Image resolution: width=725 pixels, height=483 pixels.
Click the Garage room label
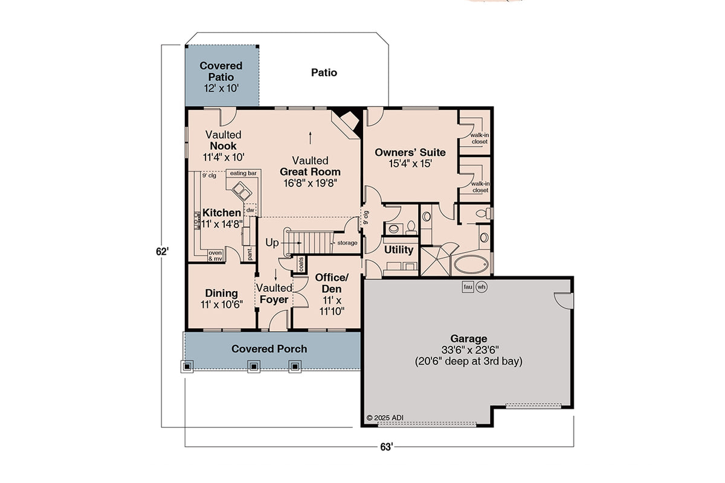click(468, 339)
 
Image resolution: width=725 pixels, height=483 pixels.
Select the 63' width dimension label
click(386, 447)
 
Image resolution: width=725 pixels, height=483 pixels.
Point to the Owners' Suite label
click(402, 152)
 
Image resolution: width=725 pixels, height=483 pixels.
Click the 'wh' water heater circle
click(482, 287)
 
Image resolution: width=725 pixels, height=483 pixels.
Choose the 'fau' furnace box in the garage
click(468, 287)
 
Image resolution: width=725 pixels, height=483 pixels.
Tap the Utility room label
click(399, 250)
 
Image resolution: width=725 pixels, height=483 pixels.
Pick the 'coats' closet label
click(299, 264)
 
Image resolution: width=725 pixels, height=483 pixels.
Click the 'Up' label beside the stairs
click(272, 242)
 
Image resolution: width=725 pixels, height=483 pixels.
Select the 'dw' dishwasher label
click(250, 210)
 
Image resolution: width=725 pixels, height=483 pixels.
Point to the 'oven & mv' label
click(215, 255)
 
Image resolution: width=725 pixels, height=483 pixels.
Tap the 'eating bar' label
click(243, 174)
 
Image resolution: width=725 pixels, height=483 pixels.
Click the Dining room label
click(221, 294)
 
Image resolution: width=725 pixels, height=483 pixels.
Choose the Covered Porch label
click(269, 349)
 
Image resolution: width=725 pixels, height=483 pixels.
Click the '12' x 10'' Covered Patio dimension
click(221, 88)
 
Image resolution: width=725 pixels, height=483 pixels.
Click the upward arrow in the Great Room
click(311, 136)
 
